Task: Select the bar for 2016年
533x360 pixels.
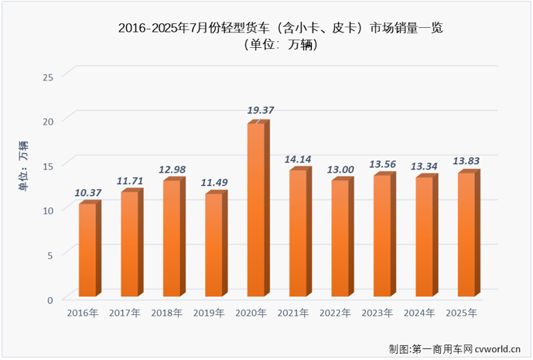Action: point(87,249)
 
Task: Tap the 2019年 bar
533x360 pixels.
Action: point(214,245)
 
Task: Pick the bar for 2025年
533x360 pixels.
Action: point(466,235)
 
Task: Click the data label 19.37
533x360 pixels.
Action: point(260,111)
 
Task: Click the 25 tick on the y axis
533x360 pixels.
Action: point(48,76)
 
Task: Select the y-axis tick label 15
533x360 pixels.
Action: point(48,166)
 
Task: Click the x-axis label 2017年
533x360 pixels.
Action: point(125,313)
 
